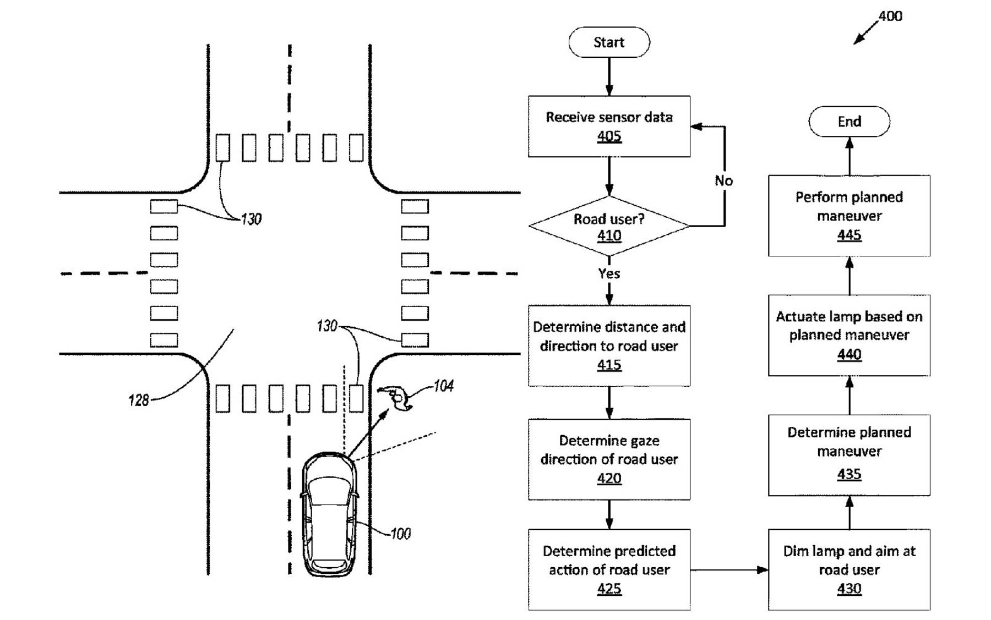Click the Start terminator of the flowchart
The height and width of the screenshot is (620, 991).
point(608,42)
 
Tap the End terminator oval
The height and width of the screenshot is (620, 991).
point(849,122)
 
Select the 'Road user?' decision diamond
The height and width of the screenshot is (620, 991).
point(609,226)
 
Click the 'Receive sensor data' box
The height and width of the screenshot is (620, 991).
point(609,127)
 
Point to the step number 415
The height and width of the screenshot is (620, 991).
point(609,365)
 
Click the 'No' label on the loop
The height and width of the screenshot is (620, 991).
point(723,180)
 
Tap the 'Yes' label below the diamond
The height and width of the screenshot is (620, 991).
point(609,273)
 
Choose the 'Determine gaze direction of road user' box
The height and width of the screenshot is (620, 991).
point(609,459)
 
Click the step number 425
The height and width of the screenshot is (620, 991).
point(609,589)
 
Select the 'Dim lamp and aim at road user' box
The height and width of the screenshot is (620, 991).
point(849,569)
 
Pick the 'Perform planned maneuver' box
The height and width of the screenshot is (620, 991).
point(849,216)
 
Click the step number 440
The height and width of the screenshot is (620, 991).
point(849,354)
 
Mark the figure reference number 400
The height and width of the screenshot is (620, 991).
point(890,16)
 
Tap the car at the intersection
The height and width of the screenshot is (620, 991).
point(329,514)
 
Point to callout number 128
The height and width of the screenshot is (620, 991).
point(139,400)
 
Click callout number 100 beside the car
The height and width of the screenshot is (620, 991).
point(400,534)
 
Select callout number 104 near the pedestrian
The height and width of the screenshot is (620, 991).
point(443,386)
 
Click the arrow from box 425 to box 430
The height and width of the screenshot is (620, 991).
point(729,570)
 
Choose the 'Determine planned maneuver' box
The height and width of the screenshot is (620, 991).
point(849,455)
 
